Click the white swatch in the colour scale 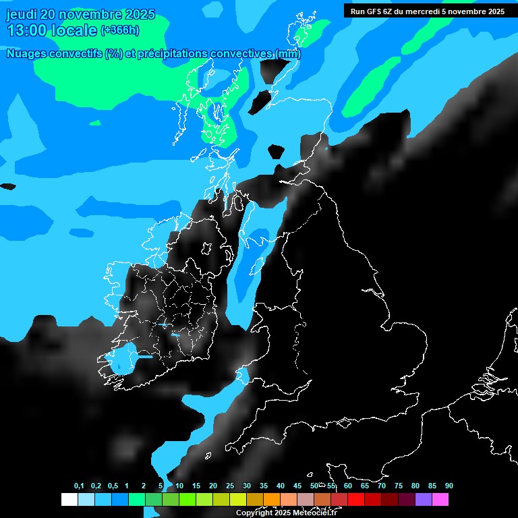[69, 500]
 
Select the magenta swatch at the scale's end [440, 500]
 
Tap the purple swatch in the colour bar [424, 500]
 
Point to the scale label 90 [449, 486]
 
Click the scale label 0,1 [79, 486]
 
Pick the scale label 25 [230, 486]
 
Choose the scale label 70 [382, 486]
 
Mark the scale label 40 [281, 486]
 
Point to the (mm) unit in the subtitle [288, 54]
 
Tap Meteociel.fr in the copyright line [314, 513]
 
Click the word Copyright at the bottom [254, 513]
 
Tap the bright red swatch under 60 [356, 500]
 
